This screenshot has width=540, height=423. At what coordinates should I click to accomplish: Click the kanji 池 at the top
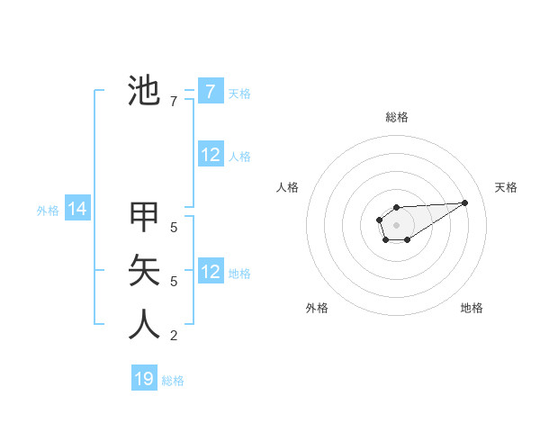pos(144,91)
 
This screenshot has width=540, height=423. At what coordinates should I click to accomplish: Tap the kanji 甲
pos(144,217)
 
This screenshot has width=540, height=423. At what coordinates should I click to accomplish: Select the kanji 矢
pos(144,270)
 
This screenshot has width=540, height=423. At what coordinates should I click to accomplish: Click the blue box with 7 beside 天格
pos(210,92)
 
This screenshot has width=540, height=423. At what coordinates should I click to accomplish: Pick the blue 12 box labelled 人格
pos(211,155)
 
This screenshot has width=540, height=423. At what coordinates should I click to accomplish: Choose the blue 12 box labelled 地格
pos(211,272)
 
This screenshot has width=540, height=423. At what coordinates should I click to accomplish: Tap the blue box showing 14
pos(77,209)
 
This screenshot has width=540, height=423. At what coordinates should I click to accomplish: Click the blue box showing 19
pos(144,379)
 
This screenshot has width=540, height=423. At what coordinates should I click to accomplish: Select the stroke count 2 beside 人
pos(174,336)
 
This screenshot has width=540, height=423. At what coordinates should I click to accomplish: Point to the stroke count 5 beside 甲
pos(174,228)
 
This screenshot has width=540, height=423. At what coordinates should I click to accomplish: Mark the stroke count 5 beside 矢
pos(174,282)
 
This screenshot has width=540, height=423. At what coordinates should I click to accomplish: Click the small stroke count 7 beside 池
pos(174,102)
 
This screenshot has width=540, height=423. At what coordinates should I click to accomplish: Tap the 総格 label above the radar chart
pos(397,117)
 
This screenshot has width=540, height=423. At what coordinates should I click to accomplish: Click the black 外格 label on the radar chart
pos(317,308)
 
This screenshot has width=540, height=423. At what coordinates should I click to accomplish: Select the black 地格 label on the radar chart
pos(472,308)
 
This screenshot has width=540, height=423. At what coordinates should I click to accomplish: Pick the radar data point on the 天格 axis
pos(465,202)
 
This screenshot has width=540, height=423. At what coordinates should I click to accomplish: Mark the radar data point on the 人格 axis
pos(379,220)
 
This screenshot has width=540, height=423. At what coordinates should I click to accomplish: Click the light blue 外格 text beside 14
pos(48,211)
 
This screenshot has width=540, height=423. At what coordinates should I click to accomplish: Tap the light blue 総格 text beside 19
pos(173,381)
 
